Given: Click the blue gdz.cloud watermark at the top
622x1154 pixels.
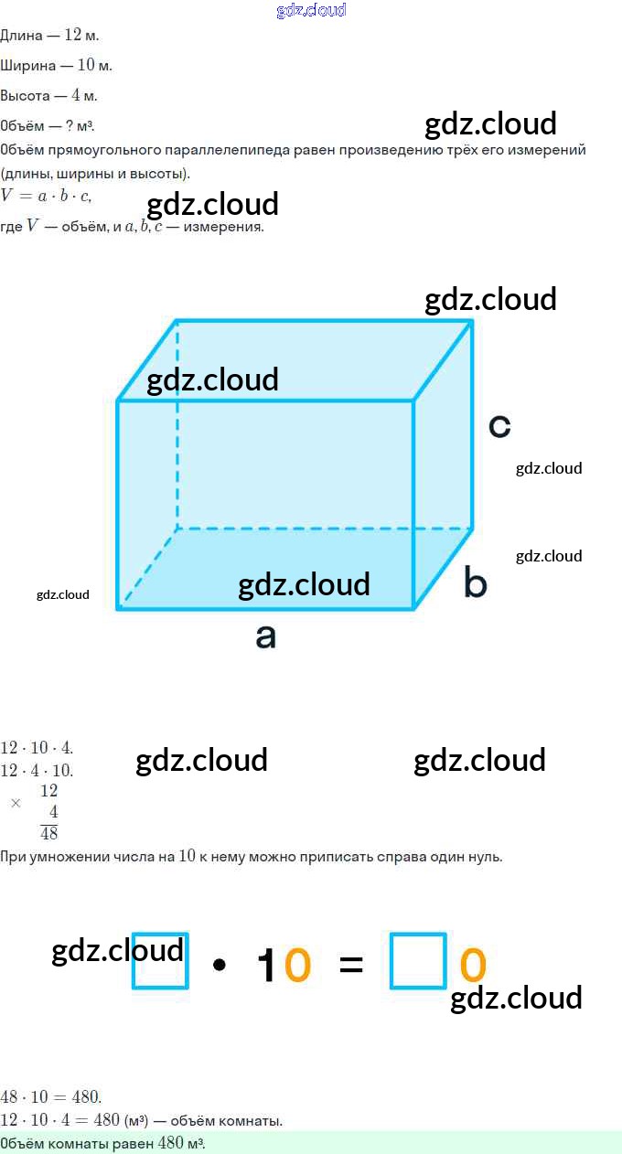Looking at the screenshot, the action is pos(311,10).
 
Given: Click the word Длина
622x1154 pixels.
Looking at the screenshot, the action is pos(21,35).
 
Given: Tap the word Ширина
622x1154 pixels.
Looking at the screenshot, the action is pos(27,66).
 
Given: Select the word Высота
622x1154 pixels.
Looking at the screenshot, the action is pos(26,95).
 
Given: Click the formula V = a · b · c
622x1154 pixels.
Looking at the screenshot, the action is pos(47,196).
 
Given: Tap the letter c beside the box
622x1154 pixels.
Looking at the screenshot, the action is pos(499,425).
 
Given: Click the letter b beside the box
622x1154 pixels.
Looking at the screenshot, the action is pos(475,582).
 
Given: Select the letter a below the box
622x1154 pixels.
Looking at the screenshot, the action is pos(266,636).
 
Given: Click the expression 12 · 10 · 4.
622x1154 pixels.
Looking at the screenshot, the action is pos(37,747).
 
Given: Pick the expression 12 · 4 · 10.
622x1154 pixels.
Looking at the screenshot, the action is pos(37,771).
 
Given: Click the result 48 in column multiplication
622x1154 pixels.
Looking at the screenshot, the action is pos(49,833).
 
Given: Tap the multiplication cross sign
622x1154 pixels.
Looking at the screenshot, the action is pos(16,803).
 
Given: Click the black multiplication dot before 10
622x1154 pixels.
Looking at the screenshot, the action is pos(219,964).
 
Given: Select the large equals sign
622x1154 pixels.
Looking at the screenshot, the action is pos(351,964).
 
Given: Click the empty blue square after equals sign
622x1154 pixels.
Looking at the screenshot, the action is pos(418,961).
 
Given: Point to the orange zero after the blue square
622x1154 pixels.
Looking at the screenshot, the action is pos(473,965).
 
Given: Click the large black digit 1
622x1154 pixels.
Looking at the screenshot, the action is pos(266,965).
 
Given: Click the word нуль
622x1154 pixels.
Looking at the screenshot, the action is pos(485,856).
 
